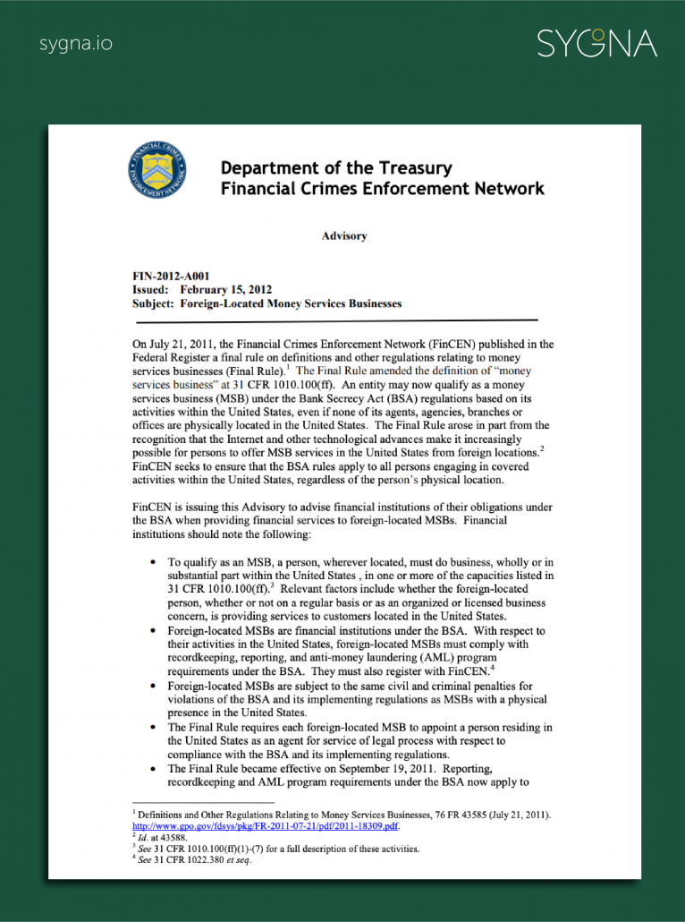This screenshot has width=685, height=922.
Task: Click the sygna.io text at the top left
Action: tap(76, 43)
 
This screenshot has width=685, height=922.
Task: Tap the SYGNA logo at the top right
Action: tap(596, 43)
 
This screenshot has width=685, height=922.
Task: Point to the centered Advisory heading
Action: tap(344, 236)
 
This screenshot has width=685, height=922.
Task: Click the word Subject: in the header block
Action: tap(153, 303)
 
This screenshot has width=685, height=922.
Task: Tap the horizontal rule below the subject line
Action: tap(334, 320)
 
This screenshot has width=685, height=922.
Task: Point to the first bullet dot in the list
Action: tap(155, 561)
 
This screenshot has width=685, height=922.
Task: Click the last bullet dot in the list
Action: tap(155, 769)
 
